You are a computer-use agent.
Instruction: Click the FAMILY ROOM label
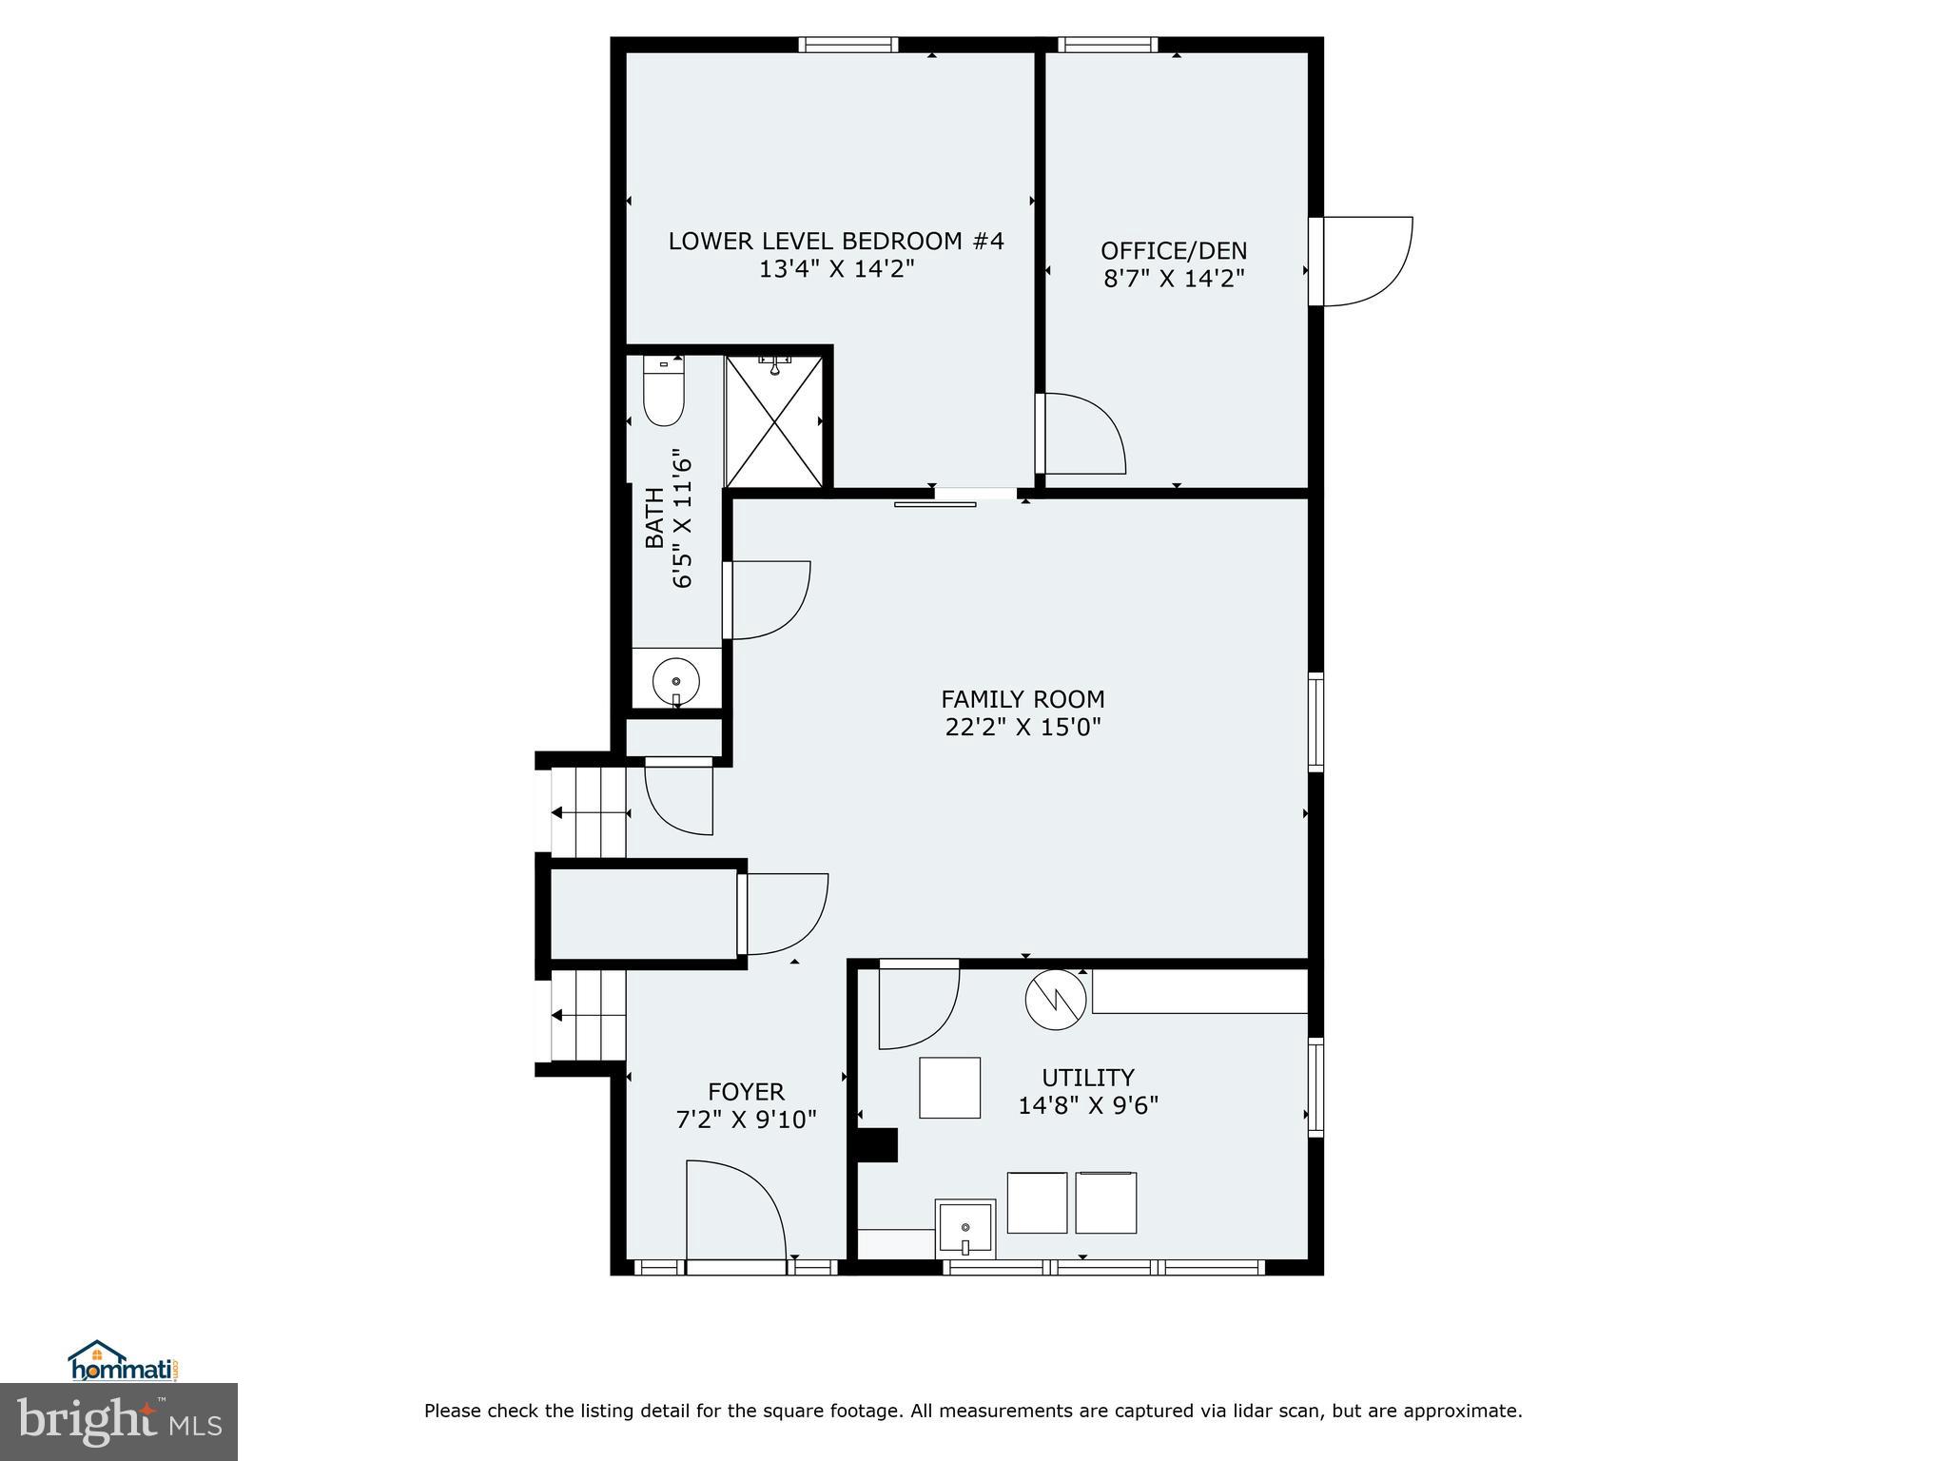click(1023, 699)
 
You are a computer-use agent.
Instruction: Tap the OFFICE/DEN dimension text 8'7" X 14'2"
click(1174, 279)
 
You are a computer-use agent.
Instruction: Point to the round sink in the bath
click(676, 681)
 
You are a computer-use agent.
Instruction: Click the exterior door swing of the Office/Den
click(1365, 261)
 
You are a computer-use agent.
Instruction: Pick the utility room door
click(916, 1006)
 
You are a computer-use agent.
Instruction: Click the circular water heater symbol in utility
click(1055, 999)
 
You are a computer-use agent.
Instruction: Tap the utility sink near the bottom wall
click(965, 1228)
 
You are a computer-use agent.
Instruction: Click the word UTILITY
click(1087, 1078)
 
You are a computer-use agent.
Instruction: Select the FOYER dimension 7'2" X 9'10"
click(746, 1120)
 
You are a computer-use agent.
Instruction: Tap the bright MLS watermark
click(119, 1421)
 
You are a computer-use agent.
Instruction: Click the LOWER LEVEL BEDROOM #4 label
click(835, 241)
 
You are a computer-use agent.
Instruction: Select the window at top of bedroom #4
click(847, 45)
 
